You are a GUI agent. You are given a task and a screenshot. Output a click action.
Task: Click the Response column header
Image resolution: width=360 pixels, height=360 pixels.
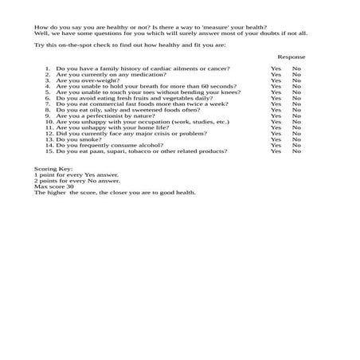pyautogui.click(x=291, y=57)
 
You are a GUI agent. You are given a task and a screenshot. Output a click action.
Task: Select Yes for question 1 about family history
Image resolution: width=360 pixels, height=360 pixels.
pyautogui.click(x=276, y=68)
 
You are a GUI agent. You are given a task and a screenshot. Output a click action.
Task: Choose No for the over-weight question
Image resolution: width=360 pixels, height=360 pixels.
pyautogui.click(x=296, y=80)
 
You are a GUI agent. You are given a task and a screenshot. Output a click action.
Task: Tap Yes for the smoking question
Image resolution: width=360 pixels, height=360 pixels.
pyautogui.click(x=276, y=139)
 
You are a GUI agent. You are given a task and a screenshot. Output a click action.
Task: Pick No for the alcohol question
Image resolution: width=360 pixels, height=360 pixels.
pyautogui.click(x=296, y=145)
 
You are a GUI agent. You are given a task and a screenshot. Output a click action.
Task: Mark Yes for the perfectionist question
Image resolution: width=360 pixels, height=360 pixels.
pyautogui.click(x=276, y=115)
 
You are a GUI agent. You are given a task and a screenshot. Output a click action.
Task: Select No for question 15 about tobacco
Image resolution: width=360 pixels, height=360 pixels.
pyautogui.click(x=296, y=151)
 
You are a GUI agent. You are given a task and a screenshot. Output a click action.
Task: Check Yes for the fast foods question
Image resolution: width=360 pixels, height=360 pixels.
pyautogui.click(x=276, y=104)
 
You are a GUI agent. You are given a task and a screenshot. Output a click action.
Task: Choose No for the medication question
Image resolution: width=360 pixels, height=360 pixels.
pyautogui.click(x=296, y=75)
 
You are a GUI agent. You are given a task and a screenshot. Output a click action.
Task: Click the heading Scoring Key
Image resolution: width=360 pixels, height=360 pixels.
pyautogui.click(x=53, y=170)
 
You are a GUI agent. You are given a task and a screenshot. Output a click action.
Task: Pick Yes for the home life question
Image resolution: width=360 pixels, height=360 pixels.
pyautogui.click(x=276, y=127)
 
